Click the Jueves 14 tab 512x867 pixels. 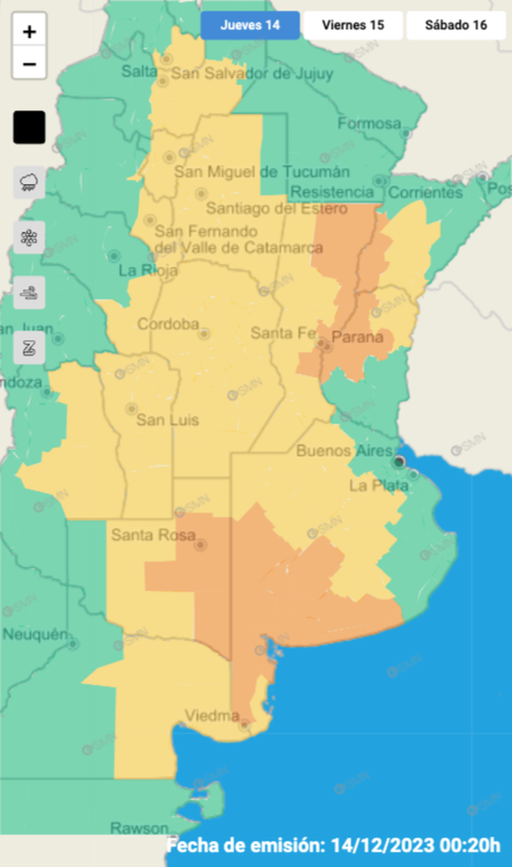click(250, 25)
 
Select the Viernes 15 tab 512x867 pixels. click(353, 25)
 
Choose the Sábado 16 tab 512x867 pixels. click(456, 25)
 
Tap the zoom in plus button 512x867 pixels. click(29, 33)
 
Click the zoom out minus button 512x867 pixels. click(29, 64)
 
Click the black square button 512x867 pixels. click(29, 127)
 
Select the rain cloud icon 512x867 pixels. click(29, 181)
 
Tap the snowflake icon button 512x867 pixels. click(29, 237)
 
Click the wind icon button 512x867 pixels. click(29, 293)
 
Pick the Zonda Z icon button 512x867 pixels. click(29, 347)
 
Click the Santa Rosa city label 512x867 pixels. click(143, 534)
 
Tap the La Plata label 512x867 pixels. click(379, 485)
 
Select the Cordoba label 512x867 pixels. click(168, 324)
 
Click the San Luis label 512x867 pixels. click(168, 419)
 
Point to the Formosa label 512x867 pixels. click(369, 124)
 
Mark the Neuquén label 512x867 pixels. click(34, 635)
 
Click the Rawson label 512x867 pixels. click(139, 827)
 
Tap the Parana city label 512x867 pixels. click(358, 338)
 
